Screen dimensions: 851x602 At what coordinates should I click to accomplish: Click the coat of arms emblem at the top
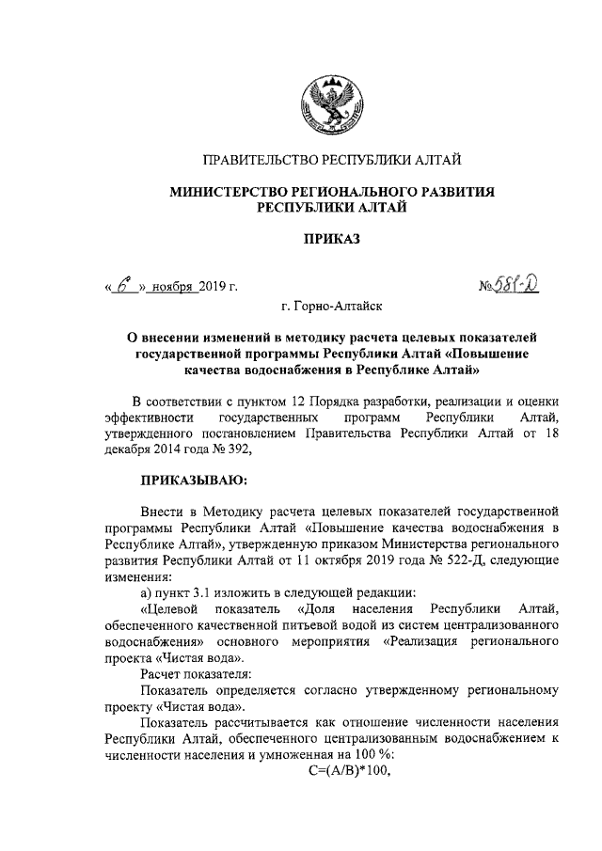325,100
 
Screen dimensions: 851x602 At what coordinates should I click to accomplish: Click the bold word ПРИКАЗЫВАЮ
193,481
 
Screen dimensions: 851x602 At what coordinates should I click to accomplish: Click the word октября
358,559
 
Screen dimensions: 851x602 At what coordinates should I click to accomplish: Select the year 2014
176,449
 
